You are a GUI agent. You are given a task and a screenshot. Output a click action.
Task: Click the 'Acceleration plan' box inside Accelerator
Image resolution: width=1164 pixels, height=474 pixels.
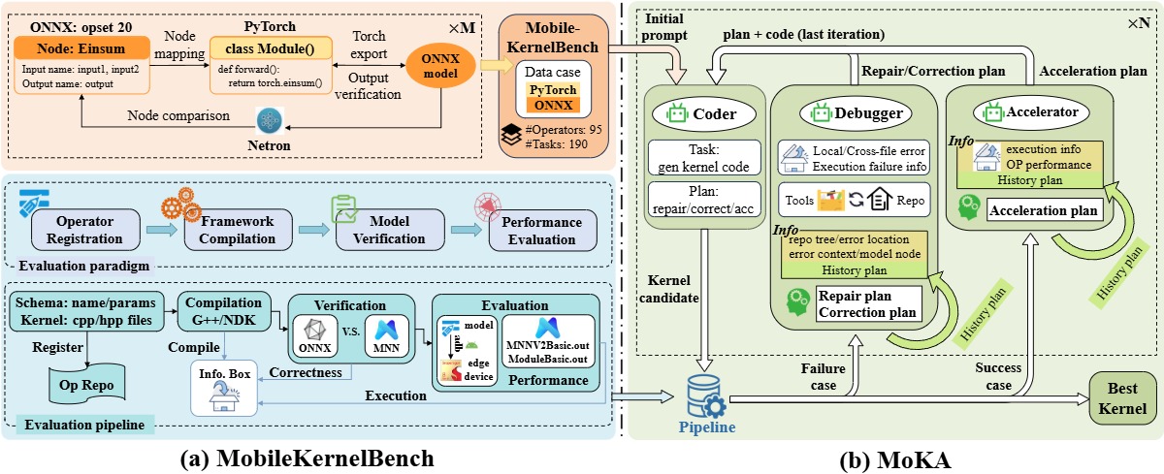1043,210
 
